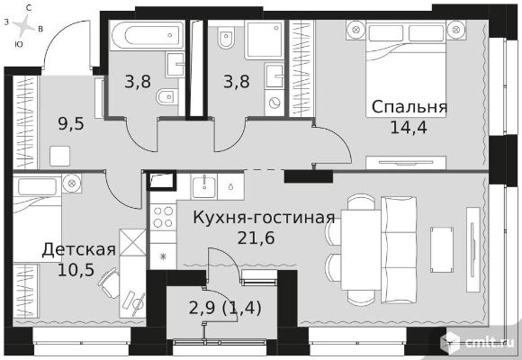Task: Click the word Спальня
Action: (409, 108)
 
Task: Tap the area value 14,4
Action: (409, 127)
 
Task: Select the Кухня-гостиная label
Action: (264, 218)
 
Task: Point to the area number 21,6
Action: (256, 238)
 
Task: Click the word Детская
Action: (79, 250)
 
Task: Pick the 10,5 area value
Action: (76, 269)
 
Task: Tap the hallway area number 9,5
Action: (71, 124)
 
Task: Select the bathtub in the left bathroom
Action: (147, 35)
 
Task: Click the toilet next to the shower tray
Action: (226, 38)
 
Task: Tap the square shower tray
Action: (264, 39)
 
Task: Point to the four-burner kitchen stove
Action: (163, 217)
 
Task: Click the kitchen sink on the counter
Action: (203, 186)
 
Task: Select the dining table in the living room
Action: (361, 250)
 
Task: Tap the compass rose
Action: (24, 26)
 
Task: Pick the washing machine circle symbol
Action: (274, 103)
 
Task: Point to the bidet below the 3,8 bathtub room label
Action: (166, 97)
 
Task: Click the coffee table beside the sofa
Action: (442, 250)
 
